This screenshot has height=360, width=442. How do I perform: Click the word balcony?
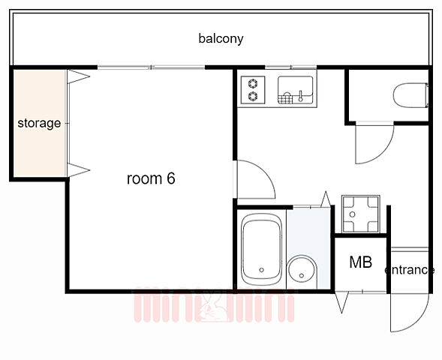pos(221,38)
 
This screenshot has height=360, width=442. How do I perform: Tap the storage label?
pos(39,124)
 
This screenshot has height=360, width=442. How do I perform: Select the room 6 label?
pos(151,178)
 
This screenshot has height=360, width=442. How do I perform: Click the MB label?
pos(360,262)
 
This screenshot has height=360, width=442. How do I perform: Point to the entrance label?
pos(409,270)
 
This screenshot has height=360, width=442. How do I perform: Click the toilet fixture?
pos(410,95)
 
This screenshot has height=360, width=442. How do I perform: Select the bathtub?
pos(262,250)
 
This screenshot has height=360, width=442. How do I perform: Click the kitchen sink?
pos(295,90)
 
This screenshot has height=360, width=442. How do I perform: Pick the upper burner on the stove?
pos(253,84)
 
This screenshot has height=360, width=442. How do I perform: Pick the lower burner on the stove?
pos(253,96)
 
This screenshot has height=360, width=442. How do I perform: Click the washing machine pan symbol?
pos(360,214)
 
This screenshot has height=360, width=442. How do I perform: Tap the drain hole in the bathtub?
pos(261,270)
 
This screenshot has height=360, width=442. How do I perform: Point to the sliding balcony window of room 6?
pos(152,67)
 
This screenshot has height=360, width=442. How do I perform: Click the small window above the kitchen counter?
pos(291,67)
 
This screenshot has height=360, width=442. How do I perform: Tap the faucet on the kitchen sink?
pos(300,96)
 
